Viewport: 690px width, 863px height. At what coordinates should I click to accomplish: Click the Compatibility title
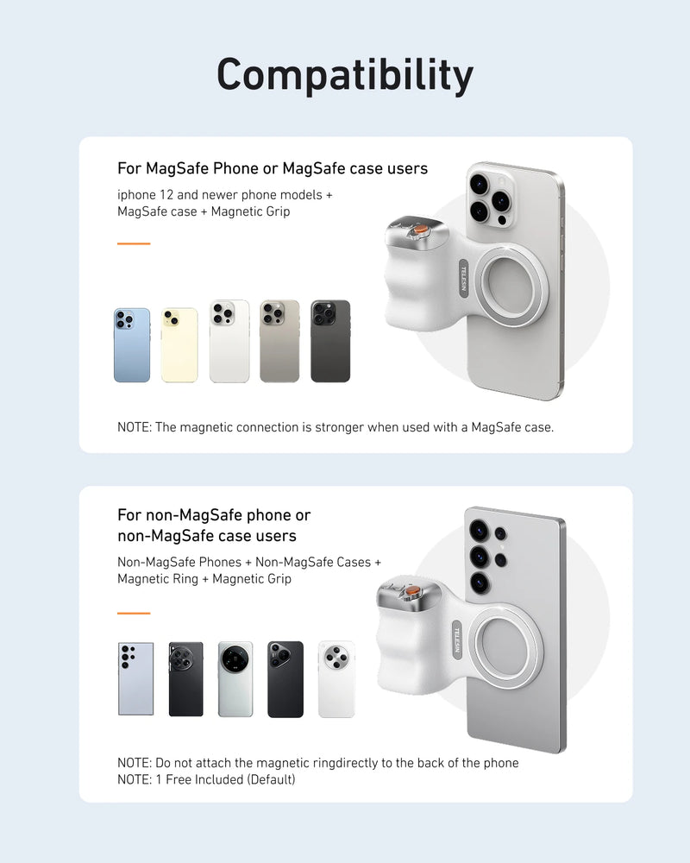(345, 75)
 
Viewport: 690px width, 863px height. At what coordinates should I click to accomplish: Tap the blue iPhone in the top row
(132, 344)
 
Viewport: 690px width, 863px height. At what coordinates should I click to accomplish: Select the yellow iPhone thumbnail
(179, 344)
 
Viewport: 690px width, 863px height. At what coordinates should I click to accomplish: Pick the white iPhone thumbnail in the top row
(229, 342)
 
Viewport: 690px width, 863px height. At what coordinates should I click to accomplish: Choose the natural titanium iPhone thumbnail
(279, 342)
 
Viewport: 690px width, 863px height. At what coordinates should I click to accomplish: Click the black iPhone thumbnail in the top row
(330, 342)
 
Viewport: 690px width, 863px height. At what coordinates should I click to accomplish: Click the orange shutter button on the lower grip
(411, 592)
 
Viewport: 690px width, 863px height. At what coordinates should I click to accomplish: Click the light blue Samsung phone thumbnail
(135, 678)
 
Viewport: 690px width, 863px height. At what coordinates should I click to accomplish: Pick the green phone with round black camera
(235, 678)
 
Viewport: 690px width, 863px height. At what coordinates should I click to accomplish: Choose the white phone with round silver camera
(336, 678)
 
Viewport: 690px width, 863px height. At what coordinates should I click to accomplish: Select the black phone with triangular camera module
(285, 678)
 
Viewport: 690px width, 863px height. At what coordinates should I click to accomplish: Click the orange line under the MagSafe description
(134, 243)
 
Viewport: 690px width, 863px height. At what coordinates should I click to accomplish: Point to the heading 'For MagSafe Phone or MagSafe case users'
(273, 167)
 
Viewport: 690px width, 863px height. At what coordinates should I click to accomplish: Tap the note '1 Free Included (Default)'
(206, 779)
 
